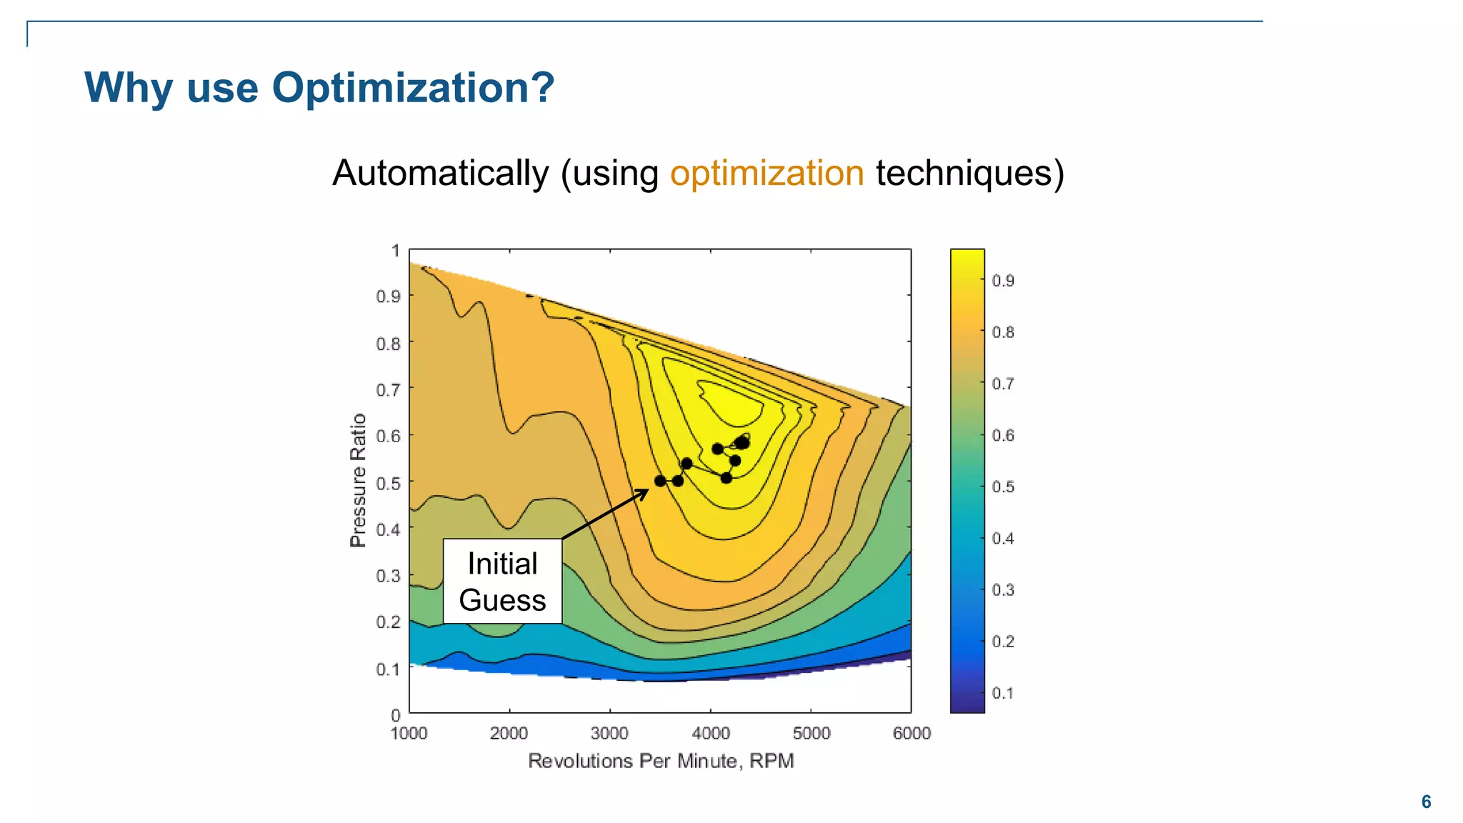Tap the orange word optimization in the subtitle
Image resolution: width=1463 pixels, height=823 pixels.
[767, 174]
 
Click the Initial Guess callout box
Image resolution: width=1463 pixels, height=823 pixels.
[502, 582]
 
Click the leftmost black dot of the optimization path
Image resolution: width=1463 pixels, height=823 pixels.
[660, 481]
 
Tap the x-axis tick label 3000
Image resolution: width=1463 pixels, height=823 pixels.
[609, 734]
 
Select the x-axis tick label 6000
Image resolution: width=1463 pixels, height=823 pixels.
[912, 734]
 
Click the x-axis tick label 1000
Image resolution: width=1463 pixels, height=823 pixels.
[409, 734]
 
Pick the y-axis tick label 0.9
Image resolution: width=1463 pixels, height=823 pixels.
[389, 296]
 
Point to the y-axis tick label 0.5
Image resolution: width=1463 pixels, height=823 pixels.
[389, 484]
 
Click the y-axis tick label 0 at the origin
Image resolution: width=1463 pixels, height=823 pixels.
[396, 715]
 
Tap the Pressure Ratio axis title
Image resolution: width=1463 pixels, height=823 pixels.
[358, 480]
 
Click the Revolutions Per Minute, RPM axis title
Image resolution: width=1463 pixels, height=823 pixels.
[661, 762]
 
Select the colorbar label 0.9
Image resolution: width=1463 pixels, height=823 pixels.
[1003, 281]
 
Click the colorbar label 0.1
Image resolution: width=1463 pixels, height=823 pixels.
[1003, 693]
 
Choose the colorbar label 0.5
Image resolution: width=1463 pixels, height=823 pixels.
[1003, 487]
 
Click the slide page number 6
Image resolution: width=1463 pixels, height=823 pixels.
[1426, 802]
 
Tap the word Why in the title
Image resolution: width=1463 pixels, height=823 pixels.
[129, 89]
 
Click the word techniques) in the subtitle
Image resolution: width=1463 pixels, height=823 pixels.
[969, 174]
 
